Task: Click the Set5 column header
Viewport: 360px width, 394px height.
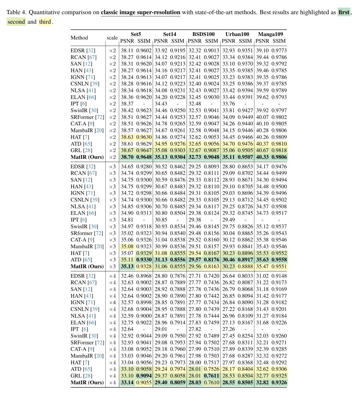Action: coord(136,34)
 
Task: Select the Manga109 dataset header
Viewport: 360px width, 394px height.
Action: coord(270,34)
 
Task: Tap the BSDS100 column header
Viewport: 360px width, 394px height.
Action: coord(203,34)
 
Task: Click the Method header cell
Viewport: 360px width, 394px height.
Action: coord(79,38)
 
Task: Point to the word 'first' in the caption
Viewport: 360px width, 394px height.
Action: coord(344,12)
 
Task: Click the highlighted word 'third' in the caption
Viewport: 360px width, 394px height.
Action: coord(45,22)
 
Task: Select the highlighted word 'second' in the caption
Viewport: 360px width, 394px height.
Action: coord(16,22)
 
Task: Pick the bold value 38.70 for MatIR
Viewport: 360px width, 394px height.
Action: coord(127,157)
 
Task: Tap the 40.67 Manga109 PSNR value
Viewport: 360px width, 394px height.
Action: coord(262,150)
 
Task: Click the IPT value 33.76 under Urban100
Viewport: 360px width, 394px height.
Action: coord(229,104)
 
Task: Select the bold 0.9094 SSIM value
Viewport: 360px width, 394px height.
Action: coord(144,376)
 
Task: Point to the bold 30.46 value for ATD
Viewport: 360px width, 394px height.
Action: coord(229,260)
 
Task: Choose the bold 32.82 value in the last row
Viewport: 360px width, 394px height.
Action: coord(262,382)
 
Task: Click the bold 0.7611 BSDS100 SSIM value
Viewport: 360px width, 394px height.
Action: coord(212,376)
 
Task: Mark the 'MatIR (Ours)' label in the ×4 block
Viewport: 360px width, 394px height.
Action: coord(87,382)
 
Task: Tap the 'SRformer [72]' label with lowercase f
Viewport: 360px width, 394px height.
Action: coord(87,233)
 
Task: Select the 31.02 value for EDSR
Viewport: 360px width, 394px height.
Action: coord(262,276)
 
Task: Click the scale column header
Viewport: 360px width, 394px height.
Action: coord(112,38)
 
